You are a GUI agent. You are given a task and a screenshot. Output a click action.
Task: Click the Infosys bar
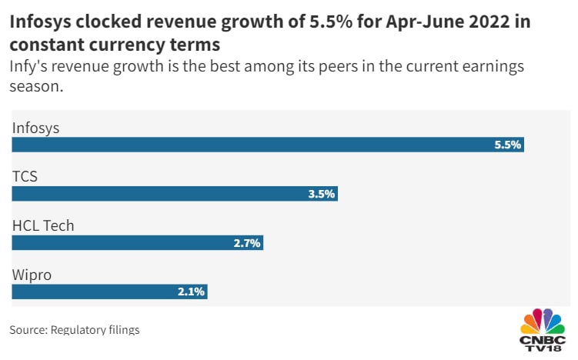point(268,145)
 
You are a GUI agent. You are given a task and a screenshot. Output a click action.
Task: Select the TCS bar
point(175,194)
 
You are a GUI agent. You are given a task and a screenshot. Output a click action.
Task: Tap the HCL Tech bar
point(138,243)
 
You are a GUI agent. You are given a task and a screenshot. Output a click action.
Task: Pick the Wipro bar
point(109,292)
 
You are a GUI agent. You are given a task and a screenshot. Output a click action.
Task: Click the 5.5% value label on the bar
point(508,145)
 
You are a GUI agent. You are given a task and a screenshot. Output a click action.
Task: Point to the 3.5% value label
point(321,194)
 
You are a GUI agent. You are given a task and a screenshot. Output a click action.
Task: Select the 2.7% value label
point(247,243)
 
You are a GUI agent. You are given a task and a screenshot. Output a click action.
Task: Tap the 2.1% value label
point(191,292)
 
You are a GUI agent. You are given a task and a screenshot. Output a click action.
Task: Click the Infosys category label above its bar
point(35,128)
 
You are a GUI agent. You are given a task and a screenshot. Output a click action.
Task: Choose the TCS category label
point(25,177)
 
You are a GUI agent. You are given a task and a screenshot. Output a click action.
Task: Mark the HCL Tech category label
point(43,226)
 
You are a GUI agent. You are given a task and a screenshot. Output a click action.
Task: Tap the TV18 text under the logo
point(544,351)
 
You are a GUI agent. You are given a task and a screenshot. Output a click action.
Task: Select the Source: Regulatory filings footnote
point(75,330)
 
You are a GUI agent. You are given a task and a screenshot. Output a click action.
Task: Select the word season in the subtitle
point(35,87)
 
